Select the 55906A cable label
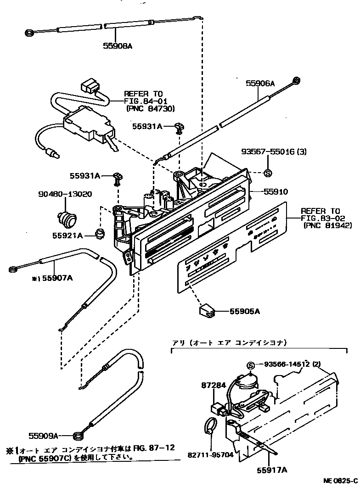tap(260, 84)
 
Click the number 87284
tap(214, 386)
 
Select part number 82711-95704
tap(210, 455)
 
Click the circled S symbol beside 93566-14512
tap(251, 365)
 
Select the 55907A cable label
tap(56, 278)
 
